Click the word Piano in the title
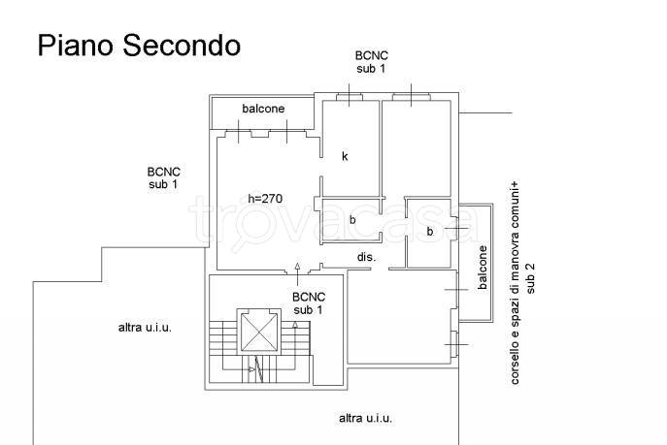click(76, 46)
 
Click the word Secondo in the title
click(182, 45)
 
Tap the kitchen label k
click(345, 156)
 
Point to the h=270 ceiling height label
click(265, 199)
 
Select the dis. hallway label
click(366, 257)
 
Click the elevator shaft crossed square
click(258, 332)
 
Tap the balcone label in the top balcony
click(263, 109)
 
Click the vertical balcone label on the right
click(483, 268)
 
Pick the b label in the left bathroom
click(352, 219)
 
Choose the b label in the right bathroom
click(430, 231)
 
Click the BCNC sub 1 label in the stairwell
click(309, 303)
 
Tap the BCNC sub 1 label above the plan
click(371, 62)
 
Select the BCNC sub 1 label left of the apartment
click(163, 178)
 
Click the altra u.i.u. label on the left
click(145, 328)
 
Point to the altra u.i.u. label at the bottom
click(365, 418)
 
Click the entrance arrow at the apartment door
click(297, 273)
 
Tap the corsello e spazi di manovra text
click(515, 283)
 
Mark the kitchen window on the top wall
click(350, 97)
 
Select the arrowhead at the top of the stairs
click(295, 325)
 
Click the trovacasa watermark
click(334, 223)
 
